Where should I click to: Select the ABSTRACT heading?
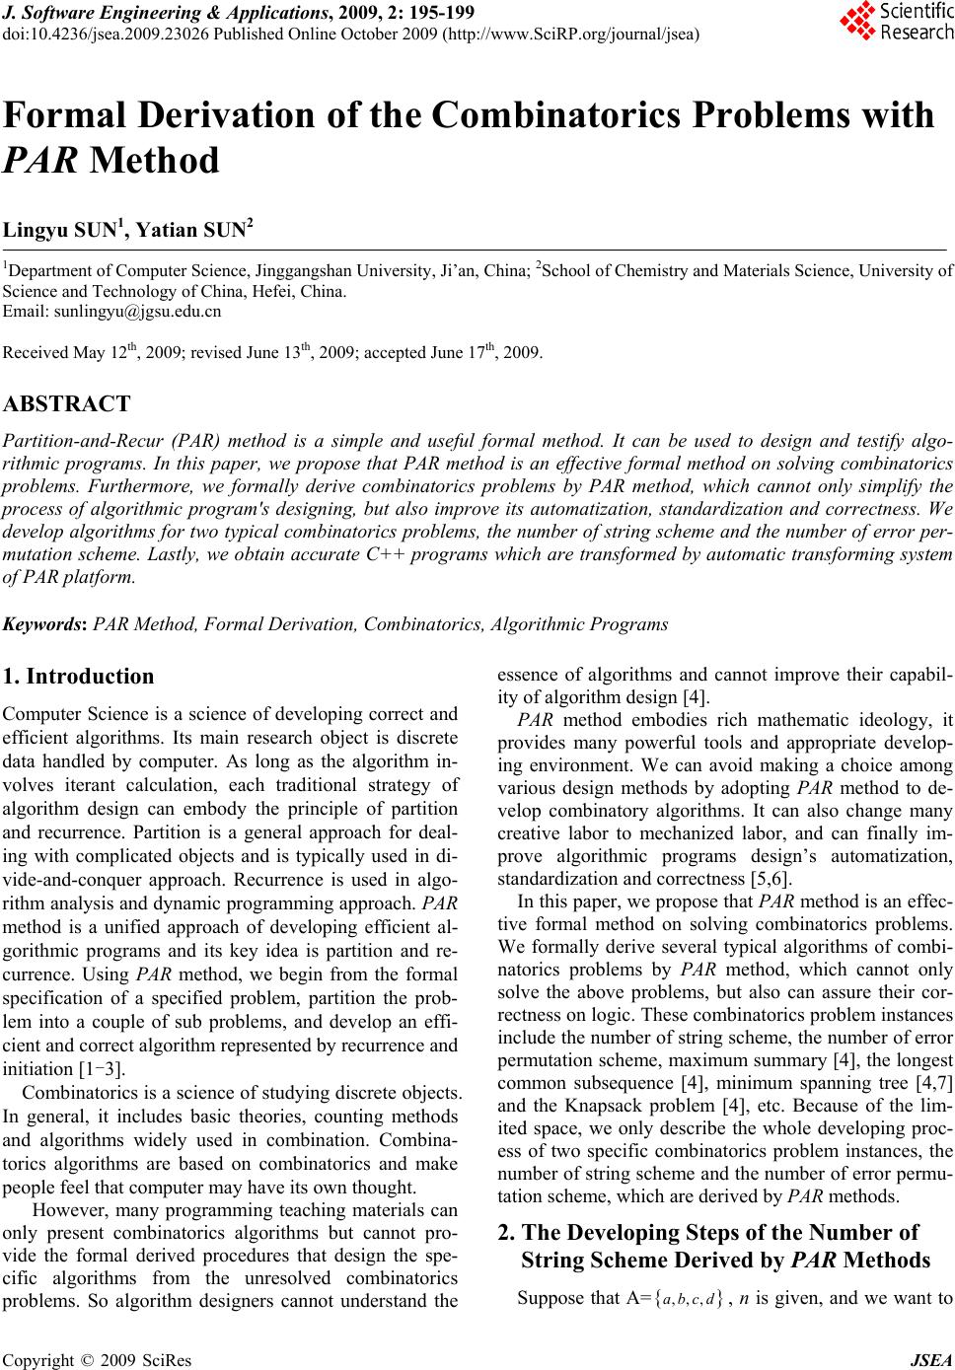click(67, 403)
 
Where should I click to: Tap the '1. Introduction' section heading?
click(79, 677)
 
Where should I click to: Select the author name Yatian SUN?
click(194, 232)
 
